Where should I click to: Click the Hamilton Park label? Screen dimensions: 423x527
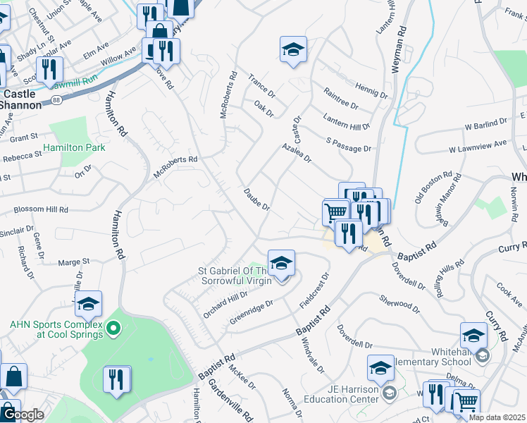tap(74, 148)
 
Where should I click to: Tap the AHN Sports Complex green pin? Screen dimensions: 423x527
tap(112, 328)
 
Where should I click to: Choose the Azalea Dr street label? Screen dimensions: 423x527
tap(297, 152)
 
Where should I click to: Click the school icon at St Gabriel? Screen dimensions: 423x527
tap(280, 263)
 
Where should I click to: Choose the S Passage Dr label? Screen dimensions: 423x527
tap(348, 145)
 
